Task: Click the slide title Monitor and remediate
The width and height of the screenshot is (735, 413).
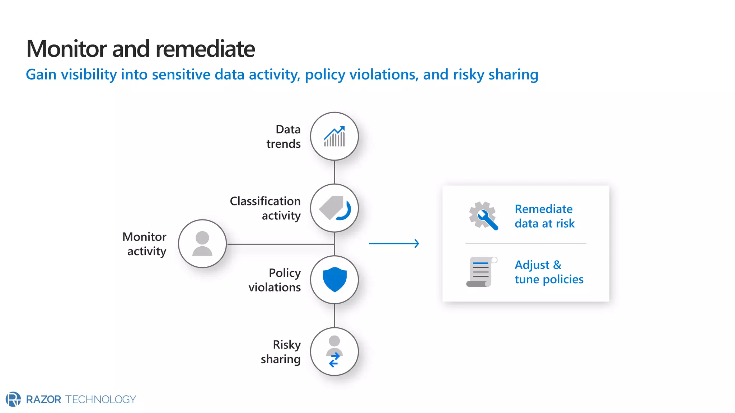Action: (140, 49)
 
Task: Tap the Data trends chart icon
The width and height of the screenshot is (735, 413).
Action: (334, 137)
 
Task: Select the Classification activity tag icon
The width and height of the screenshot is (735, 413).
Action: (334, 208)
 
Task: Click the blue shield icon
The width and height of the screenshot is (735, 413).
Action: (334, 280)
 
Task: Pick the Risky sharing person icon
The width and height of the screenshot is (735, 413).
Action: (334, 351)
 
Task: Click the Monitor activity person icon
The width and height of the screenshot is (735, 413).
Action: (202, 244)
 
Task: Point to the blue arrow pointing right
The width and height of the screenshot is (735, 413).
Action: (394, 243)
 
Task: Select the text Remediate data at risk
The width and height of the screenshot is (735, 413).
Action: (544, 216)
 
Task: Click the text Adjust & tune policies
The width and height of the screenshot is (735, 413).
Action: (548, 272)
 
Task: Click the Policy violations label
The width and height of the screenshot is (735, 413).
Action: (275, 280)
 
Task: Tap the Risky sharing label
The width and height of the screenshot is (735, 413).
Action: (281, 352)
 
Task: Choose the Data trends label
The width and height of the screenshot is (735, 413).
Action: (284, 137)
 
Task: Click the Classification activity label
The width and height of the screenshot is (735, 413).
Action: (266, 208)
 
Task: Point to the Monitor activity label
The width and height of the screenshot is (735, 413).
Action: (145, 244)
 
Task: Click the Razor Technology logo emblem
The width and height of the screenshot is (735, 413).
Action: (13, 399)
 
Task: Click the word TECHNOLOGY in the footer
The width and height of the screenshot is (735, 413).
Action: (100, 399)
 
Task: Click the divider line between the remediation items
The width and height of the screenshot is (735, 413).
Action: (525, 243)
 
